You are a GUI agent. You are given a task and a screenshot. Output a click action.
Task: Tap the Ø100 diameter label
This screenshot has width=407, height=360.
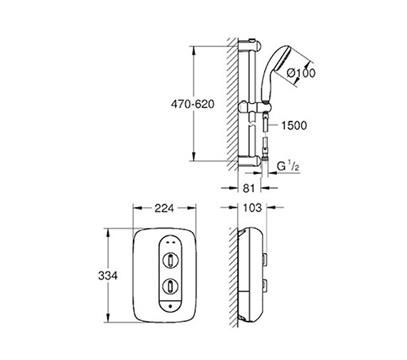301,72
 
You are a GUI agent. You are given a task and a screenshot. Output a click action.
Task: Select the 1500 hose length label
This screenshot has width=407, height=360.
293,126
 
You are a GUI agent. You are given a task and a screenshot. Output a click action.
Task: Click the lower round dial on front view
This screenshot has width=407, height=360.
171,286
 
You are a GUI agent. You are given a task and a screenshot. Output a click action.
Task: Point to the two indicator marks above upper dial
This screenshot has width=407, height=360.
171,241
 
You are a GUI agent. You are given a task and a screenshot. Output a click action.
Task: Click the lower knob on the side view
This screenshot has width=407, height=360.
266,286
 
